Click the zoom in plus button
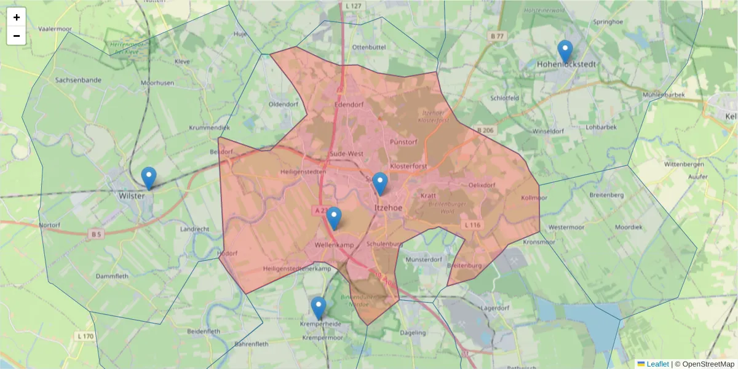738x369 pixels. pyautogui.click(x=17, y=17)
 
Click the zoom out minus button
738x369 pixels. pyautogui.click(x=17, y=36)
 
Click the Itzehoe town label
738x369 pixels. pyautogui.click(x=388, y=208)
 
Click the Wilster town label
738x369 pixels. pyautogui.click(x=132, y=196)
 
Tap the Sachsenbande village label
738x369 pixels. pyautogui.click(x=78, y=80)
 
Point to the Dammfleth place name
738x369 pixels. pyautogui.click(x=112, y=277)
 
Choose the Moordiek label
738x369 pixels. pyautogui.click(x=629, y=227)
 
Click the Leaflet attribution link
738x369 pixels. pyautogui.click(x=657, y=364)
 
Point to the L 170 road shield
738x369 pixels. pyautogui.click(x=85, y=336)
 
